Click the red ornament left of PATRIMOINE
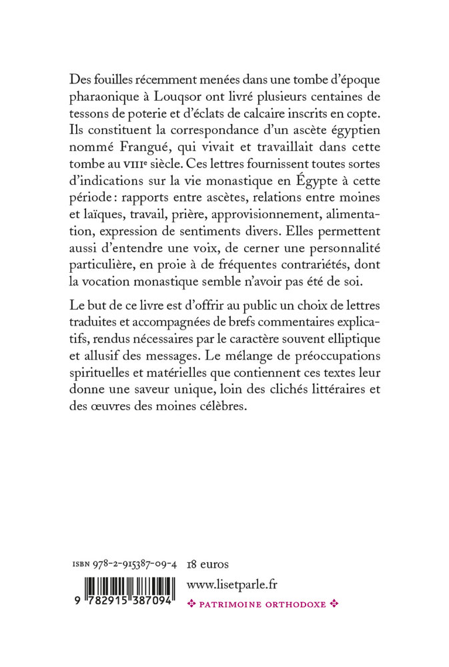[x=192, y=604]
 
